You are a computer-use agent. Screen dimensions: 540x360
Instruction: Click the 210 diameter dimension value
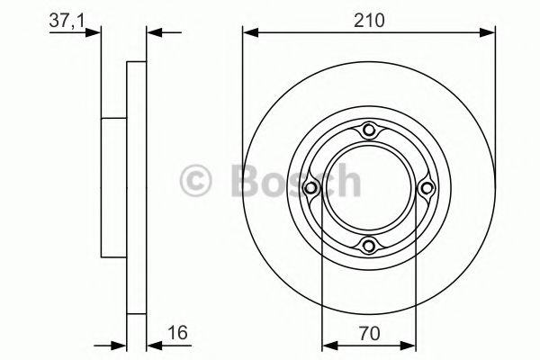point(369,21)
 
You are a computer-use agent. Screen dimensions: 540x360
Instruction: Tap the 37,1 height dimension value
point(67,21)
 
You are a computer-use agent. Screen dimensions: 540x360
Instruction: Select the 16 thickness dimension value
point(177,332)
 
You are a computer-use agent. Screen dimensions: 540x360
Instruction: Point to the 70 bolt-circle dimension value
point(369,334)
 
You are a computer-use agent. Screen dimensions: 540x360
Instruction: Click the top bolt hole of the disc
point(369,130)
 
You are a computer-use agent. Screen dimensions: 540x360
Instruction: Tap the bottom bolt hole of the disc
point(369,246)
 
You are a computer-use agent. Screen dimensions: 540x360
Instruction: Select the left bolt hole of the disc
point(310,188)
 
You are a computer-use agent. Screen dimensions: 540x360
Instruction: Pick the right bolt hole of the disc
point(427,188)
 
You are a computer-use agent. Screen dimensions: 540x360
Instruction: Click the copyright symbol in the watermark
point(195,181)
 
